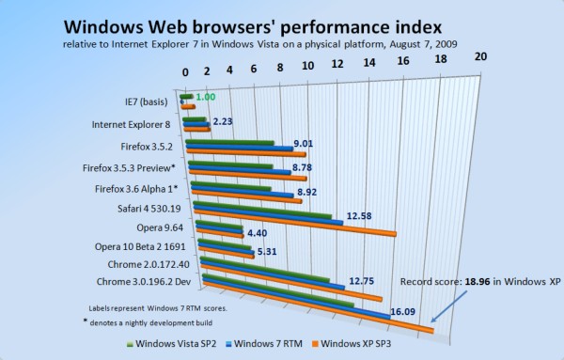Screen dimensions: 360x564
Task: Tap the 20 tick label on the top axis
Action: (481, 56)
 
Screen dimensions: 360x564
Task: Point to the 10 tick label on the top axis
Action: (309, 65)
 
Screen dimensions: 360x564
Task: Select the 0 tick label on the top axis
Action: (186, 71)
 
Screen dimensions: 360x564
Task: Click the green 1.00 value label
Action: (207, 97)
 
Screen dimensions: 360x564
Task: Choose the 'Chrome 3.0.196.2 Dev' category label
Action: (140, 282)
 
